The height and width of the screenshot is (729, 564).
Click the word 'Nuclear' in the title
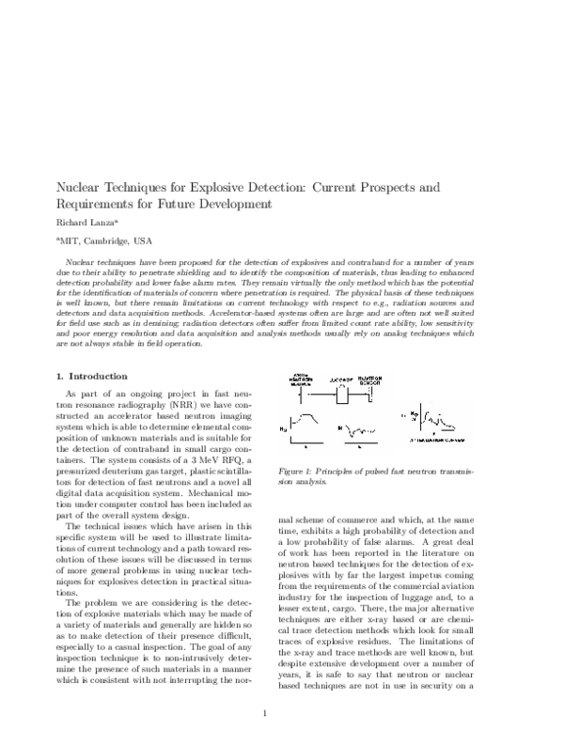tap(83, 188)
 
